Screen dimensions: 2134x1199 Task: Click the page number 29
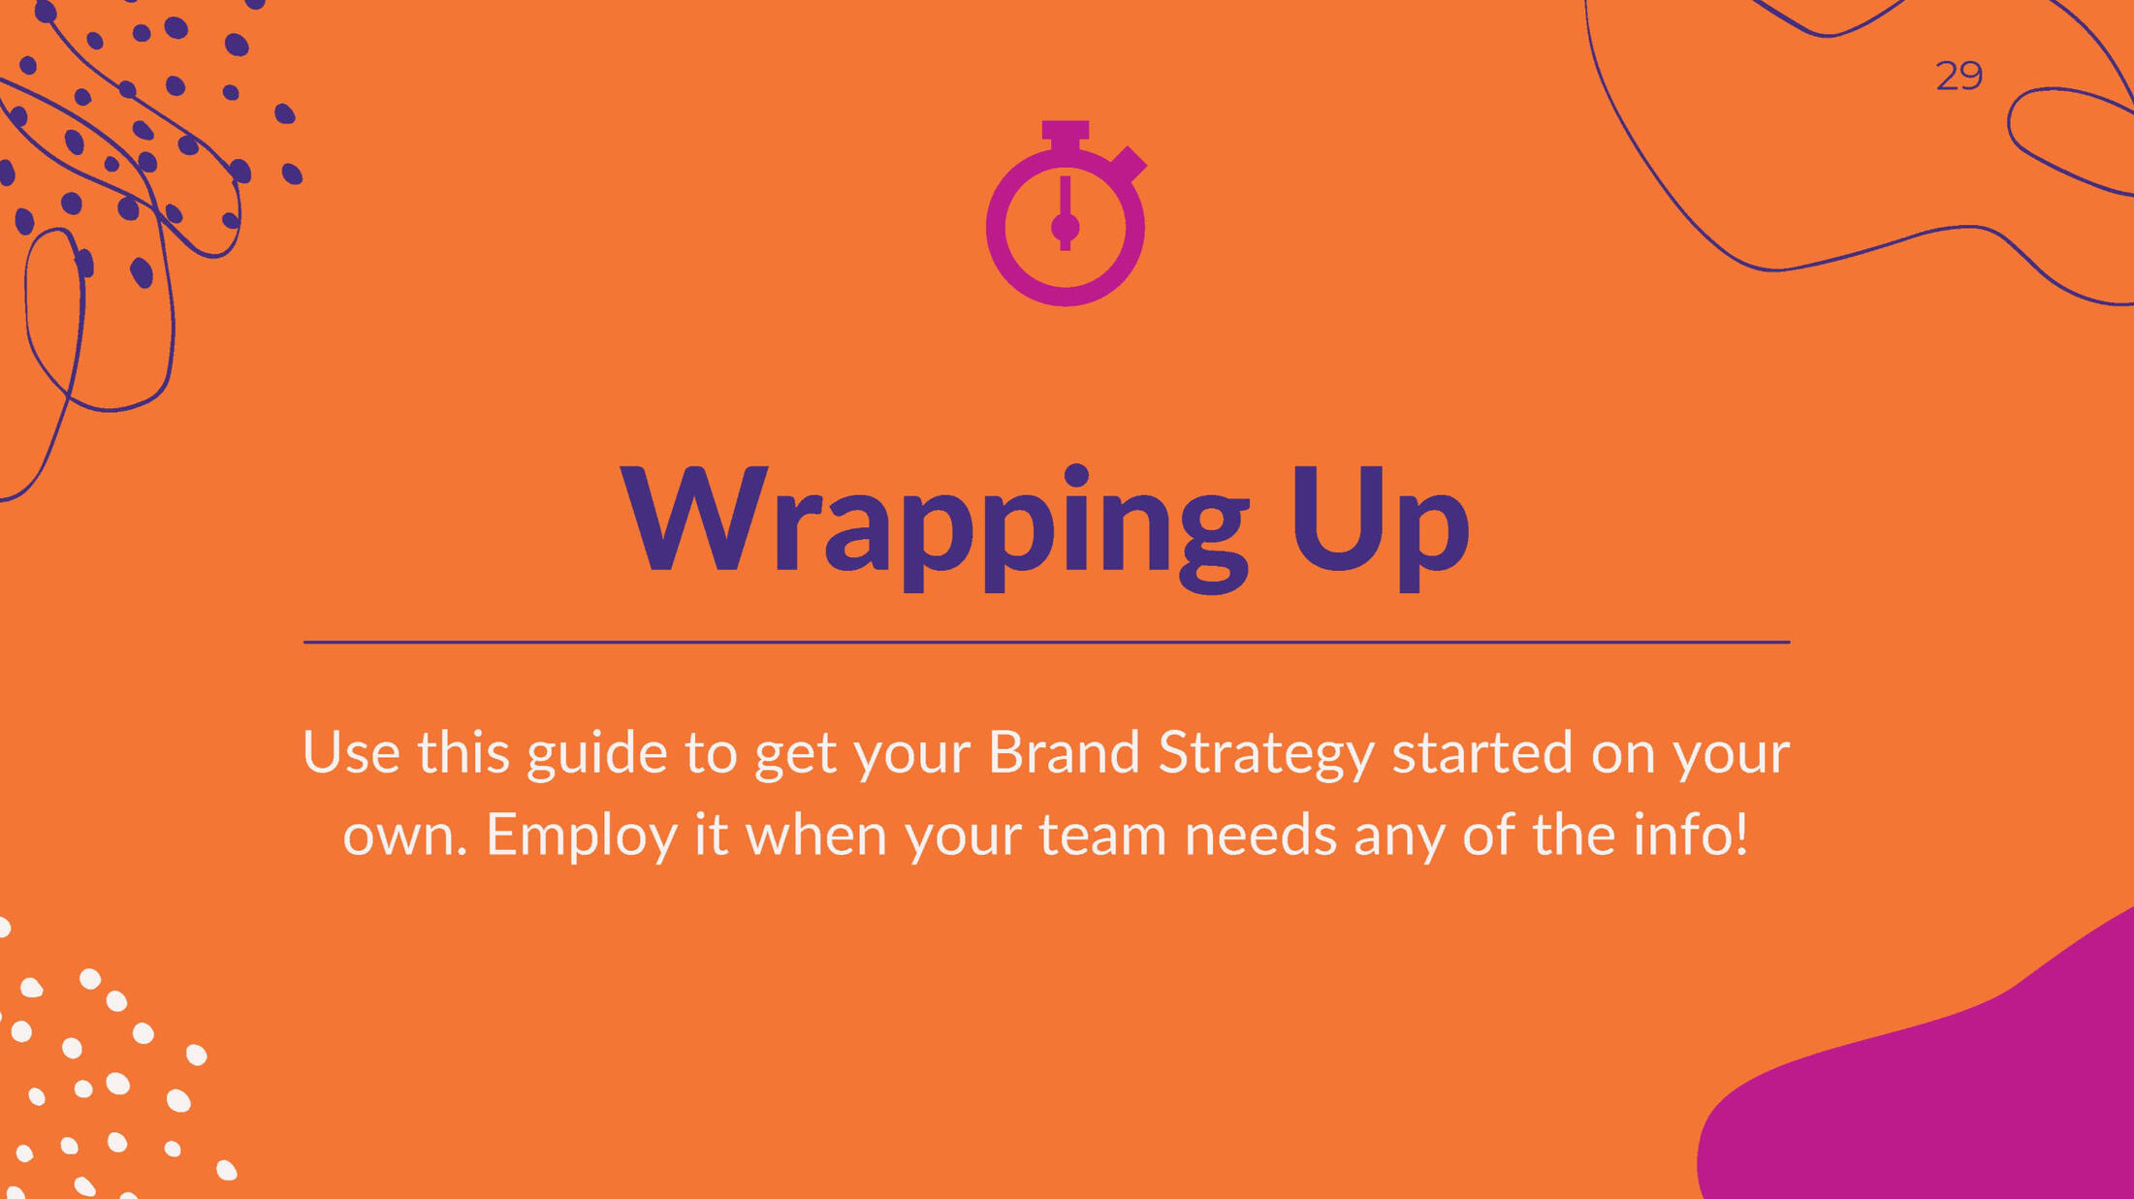pos(1959,76)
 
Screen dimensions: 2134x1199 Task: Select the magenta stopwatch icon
pos(1066,213)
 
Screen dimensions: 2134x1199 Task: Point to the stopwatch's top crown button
pos(1066,134)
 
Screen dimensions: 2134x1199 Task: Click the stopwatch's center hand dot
pos(1066,228)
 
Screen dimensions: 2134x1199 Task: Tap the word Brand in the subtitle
pos(1064,752)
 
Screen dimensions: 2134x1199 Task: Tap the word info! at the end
pos(1690,834)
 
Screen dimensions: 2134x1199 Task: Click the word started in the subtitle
pos(1482,753)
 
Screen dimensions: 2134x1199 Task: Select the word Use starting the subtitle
pos(351,752)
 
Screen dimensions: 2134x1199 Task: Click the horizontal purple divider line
pos(1046,642)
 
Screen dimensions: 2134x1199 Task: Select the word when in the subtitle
pos(815,834)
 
